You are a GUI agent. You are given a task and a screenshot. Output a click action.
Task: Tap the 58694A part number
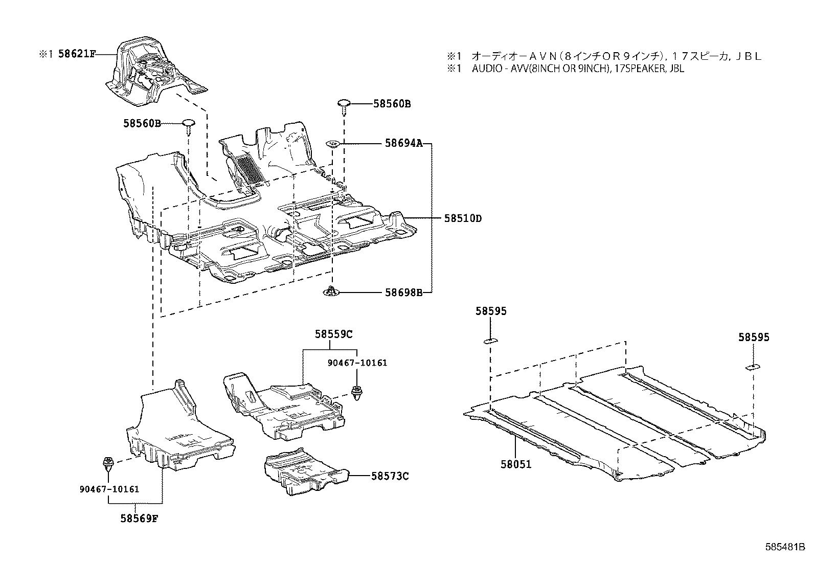[403, 144]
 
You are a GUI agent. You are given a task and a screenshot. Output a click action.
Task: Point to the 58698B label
[403, 293]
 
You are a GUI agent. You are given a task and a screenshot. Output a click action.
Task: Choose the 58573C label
[390, 476]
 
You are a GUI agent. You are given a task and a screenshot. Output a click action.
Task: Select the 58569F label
[139, 518]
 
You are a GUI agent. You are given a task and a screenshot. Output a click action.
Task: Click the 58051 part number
[516, 464]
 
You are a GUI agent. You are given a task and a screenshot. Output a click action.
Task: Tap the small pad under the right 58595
[752, 367]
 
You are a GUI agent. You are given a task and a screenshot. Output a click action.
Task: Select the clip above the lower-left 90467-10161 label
[108, 463]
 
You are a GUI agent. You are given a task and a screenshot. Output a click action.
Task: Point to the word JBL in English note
[676, 69]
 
